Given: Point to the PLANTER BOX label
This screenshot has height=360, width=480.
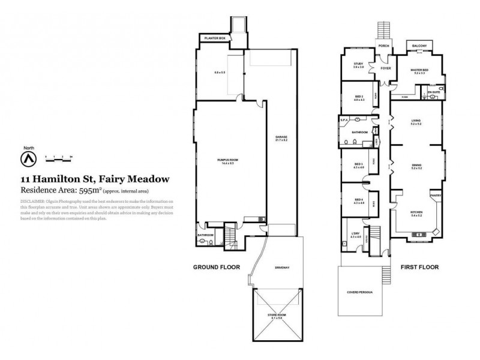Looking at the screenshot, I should [x=215, y=38].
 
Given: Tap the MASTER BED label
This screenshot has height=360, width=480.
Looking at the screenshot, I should [x=419, y=70].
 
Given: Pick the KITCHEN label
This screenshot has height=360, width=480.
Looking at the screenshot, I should [x=416, y=212].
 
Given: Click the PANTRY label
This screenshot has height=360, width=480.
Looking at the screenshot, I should [x=436, y=194].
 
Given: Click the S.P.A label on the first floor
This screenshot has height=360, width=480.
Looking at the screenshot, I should [x=344, y=121].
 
